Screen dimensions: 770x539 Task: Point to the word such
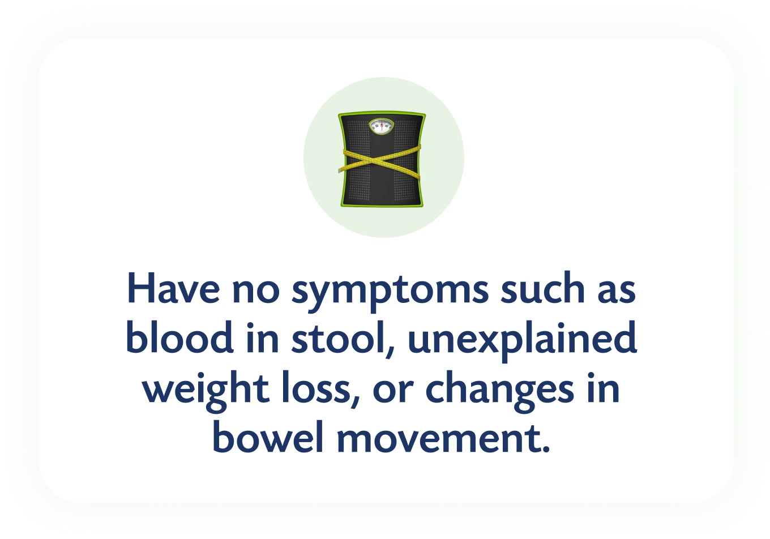(x=543, y=288)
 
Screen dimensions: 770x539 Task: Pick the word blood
(x=180, y=337)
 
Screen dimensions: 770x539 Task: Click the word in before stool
(x=262, y=337)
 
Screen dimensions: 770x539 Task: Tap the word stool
(x=338, y=337)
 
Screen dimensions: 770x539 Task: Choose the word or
(x=393, y=391)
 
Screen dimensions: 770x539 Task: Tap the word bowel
(x=268, y=436)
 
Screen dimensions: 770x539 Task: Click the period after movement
(x=545, y=448)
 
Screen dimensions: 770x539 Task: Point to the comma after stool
(x=390, y=351)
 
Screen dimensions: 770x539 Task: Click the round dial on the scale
(x=381, y=127)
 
